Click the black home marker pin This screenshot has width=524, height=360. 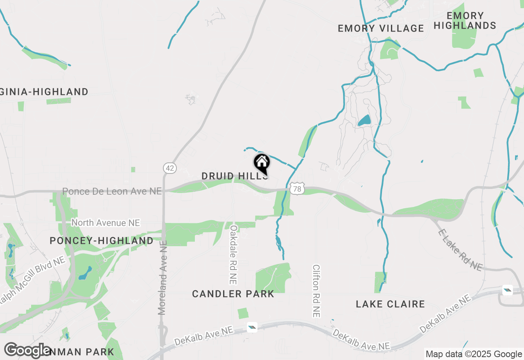tap(262, 163)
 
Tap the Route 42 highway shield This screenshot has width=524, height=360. tap(170, 168)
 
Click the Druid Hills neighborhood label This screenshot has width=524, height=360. tap(235, 176)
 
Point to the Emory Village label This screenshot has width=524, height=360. tap(381, 28)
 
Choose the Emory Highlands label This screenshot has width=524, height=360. tap(465, 20)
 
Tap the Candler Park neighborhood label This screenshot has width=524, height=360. tap(233, 294)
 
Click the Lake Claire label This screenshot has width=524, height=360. tap(390, 304)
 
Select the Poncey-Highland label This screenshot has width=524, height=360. tap(102, 241)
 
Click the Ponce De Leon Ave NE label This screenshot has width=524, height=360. tap(112, 191)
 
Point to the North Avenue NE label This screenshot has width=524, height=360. tap(106, 223)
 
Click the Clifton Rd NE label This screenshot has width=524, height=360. tap(316, 290)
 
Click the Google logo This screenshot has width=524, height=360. tap(27, 351)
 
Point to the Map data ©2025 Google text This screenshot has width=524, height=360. tap(474, 354)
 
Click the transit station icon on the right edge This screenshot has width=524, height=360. tap(508, 290)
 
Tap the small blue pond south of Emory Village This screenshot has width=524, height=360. tap(364, 120)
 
